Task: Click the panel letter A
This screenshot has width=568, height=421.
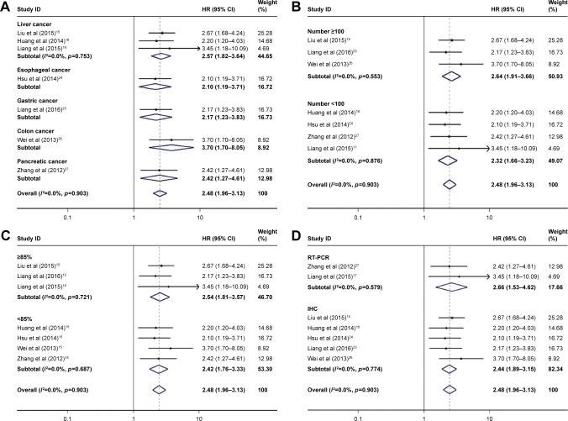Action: [x=7, y=6]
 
